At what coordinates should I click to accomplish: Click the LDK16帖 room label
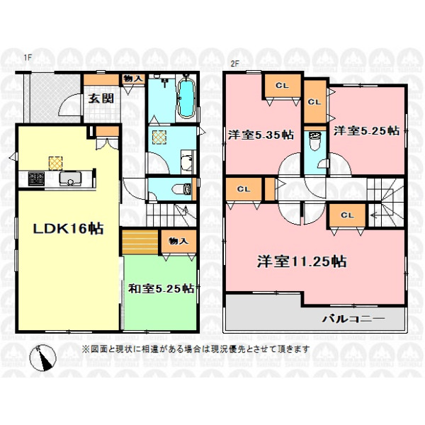tap(68, 229)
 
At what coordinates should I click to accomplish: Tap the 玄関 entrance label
tap(101, 98)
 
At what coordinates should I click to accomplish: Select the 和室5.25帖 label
tap(161, 289)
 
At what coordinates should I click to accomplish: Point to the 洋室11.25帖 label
tap(302, 261)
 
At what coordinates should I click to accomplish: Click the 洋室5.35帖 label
tap(261, 135)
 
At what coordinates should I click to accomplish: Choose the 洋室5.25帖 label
tap(366, 131)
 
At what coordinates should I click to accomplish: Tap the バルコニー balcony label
tap(353, 319)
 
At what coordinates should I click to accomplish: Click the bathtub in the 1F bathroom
tap(186, 98)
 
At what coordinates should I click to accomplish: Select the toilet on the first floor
tap(183, 188)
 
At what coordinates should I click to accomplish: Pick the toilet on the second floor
tap(314, 141)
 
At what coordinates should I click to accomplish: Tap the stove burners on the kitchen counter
tap(36, 179)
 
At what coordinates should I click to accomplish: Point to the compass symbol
tap(42, 358)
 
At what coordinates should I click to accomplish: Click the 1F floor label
tap(28, 57)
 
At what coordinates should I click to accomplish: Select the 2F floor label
tap(234, 64)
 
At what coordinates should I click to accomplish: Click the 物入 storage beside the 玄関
tap(133, 79)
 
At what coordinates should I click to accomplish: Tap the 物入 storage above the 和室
tap(178, 242)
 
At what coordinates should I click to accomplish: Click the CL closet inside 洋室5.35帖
tap(282, 86)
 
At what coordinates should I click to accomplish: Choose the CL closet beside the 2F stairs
tap(348, 215)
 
